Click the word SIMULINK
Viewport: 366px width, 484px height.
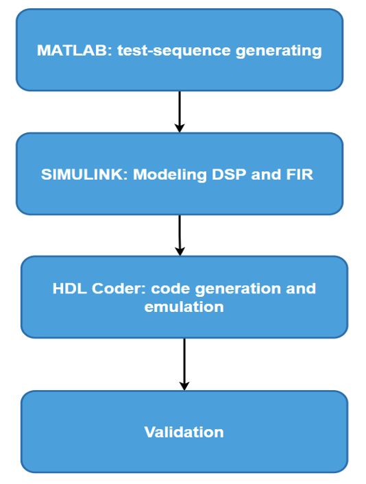tap(84, 174)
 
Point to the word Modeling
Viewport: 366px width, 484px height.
tap(170, 175)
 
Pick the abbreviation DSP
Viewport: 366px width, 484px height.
tap(229, 174)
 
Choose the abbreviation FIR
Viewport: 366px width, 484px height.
tap(300, 174)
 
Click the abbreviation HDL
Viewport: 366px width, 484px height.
tap(70, 289)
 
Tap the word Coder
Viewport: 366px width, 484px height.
tap(119, 289)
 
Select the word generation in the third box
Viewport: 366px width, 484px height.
tap(238, 289)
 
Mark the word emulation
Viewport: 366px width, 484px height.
tap(184, 307)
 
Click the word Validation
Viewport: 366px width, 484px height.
tap(184, 432)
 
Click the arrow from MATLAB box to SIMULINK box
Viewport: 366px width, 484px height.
tap(180, 112)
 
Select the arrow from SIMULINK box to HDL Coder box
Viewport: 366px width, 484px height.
tap(180, 235)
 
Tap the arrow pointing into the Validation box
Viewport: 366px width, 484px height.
tap(184, 364)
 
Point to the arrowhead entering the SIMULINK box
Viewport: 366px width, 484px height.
tap(180, 128)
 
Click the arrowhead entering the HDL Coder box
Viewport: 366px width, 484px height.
tap(180, 252)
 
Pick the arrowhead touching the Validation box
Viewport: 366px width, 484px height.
tap(184, 386)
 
